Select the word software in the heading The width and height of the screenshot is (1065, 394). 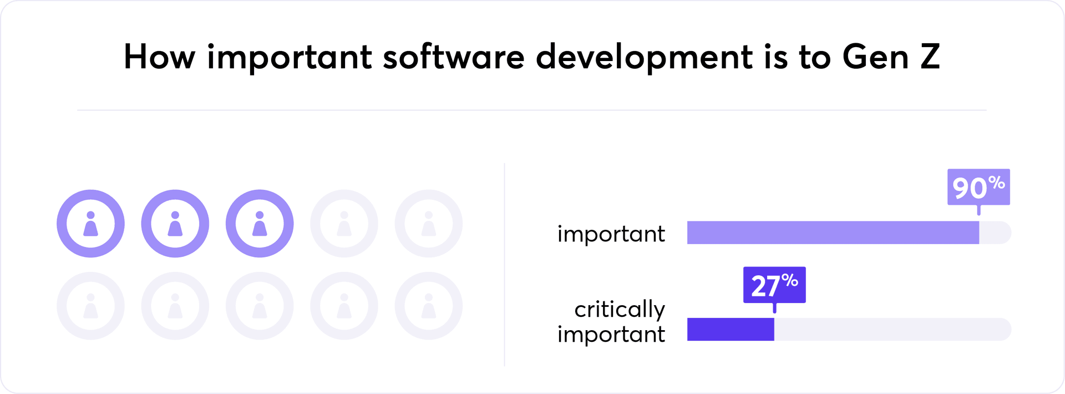[453, 57]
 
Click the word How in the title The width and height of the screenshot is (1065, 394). [159, 57]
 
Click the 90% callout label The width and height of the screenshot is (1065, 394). [978, 187]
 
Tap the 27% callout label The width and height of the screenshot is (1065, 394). [774, 285]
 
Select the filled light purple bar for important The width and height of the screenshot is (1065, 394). [833, 233]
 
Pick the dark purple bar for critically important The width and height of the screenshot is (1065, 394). [731, 329]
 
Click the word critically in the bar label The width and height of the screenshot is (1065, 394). [619, 310]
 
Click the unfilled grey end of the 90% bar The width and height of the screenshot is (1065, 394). [995, 233]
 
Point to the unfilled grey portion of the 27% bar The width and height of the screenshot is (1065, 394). [892, 329]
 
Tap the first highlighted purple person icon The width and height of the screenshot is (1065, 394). [90, 224]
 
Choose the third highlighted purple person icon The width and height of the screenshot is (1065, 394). [260, 224]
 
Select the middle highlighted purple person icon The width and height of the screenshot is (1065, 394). [175, 224]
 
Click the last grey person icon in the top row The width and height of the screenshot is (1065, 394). [428, 224]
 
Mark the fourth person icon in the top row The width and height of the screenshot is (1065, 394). [344, 224]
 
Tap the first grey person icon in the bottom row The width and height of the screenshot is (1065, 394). [90, 306]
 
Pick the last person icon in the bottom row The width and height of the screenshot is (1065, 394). [428, 306]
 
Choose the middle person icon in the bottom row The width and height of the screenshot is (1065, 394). [260, 306]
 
